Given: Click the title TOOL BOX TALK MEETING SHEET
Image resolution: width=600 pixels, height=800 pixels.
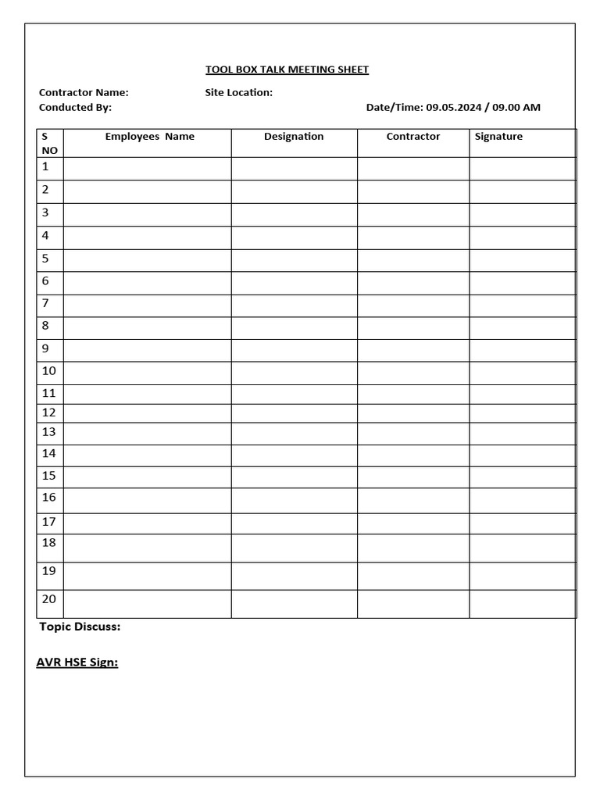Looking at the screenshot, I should [287, 70].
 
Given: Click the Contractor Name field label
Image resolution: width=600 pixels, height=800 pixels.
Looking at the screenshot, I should [84, 92].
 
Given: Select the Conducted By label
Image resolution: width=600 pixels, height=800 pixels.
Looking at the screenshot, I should [75, 107].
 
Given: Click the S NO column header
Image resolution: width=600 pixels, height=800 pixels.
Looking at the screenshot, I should [49, 143].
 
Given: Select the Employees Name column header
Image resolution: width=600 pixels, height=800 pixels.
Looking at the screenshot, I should [149, 137].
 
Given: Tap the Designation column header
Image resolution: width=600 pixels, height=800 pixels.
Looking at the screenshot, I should [294, 137].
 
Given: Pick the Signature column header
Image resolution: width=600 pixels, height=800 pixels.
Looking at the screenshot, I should [498, 137].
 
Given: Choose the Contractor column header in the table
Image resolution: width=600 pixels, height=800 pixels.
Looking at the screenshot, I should [413, 137].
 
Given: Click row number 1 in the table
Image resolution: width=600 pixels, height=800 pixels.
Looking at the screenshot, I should [45, 166].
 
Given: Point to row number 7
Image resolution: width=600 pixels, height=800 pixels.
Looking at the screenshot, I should [45, 303].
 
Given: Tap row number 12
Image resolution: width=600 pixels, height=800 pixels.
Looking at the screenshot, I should [49, 412].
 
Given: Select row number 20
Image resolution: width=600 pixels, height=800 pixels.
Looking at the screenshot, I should [49, 599].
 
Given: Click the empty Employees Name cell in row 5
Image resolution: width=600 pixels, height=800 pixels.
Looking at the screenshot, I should [147, 260].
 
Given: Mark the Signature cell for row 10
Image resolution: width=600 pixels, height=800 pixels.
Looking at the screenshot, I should [522, 373].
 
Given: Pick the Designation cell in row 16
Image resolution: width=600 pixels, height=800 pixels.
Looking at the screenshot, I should [294, 500].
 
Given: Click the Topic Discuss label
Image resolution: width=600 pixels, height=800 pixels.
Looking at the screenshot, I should [80, 627].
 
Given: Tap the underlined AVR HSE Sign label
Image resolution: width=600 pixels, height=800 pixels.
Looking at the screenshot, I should [77, 662].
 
